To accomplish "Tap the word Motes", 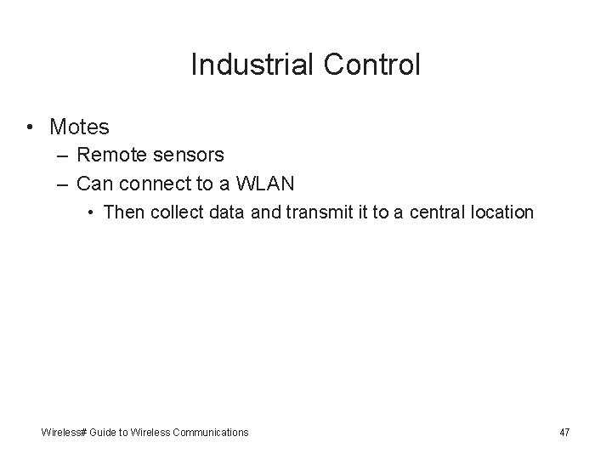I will point(79,127).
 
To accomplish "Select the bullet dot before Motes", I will point(29,127).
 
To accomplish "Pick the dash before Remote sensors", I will point(64,155).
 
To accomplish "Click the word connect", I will point(155,183).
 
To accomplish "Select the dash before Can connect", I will point(64,183).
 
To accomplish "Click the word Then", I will point(123,212).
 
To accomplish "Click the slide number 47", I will point(564,433).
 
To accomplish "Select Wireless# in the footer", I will point(63,433).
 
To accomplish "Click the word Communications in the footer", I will point(208,433).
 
